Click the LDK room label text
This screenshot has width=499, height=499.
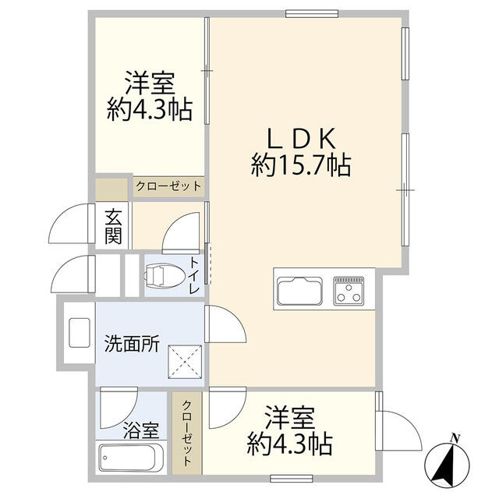point(302,139)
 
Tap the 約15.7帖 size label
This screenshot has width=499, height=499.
point(301,165)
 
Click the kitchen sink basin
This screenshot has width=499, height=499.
point(299,291)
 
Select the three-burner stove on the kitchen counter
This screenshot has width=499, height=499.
point(349,291)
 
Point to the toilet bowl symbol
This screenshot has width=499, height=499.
point(165,275)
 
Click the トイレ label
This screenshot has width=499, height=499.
point(194,275)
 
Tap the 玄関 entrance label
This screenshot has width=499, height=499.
point(113,226)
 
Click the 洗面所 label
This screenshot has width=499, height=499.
point(132,344)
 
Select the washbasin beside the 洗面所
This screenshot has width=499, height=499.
point(80,333)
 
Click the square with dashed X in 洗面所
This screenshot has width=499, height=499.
point(185,362)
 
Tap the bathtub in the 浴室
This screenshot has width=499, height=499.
point(131,458)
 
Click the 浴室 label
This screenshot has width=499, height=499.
point(141,430)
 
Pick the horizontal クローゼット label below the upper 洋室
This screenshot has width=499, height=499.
point(168,186)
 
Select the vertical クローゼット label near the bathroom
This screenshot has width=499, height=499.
point(187,434)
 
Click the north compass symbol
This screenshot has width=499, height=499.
point(447,465)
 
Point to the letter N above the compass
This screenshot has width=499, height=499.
point(455,438)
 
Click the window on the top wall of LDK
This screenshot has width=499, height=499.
point(312,14)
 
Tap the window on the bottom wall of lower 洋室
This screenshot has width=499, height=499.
point(292,478)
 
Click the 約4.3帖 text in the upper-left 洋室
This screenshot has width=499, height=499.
point(150,110)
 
